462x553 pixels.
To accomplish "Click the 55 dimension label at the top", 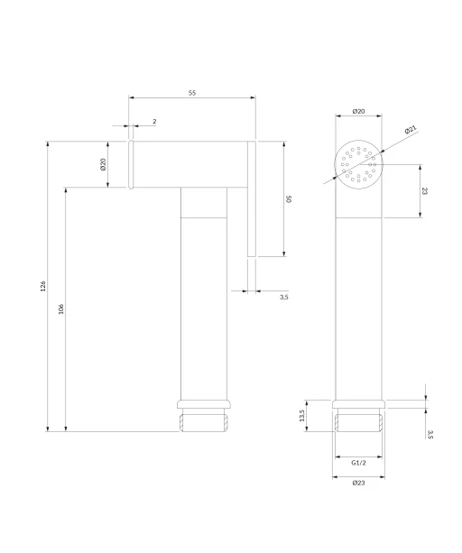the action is point(192,93).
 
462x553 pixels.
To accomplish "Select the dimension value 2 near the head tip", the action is point(154,121).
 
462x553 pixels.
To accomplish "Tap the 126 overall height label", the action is point(43,286).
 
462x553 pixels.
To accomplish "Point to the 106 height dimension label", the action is point(61,309).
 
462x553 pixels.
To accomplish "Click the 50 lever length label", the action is point(289,198).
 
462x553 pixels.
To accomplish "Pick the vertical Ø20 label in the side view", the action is point(103,164).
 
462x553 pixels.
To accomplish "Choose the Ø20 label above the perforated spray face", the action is point(358,112).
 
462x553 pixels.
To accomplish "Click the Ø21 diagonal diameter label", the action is point(411,129).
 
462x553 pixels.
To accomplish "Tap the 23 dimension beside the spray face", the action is point(424,191).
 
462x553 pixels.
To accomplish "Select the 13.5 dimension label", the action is point(301,416).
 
